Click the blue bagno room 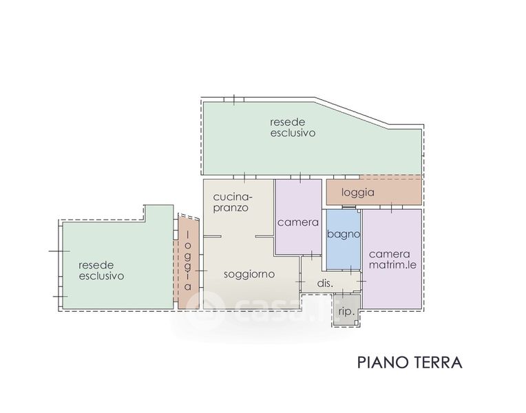point(344,240)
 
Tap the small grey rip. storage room point(346,310)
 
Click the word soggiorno point(249,275)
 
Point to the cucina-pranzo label point(233,202)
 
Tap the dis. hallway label point(325,283)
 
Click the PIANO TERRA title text point(410,363)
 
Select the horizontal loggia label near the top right point(357,193)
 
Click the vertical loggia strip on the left point(188,262)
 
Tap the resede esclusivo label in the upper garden point(293,127)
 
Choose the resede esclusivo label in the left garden point(101,271)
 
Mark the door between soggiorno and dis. point(300,281)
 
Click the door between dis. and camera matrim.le point(361,281)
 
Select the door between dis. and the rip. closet point(342,293)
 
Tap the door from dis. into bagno point(351,270)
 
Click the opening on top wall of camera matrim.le point(392,208)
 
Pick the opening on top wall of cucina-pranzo point(244,177)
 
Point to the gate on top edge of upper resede point(234,99)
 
